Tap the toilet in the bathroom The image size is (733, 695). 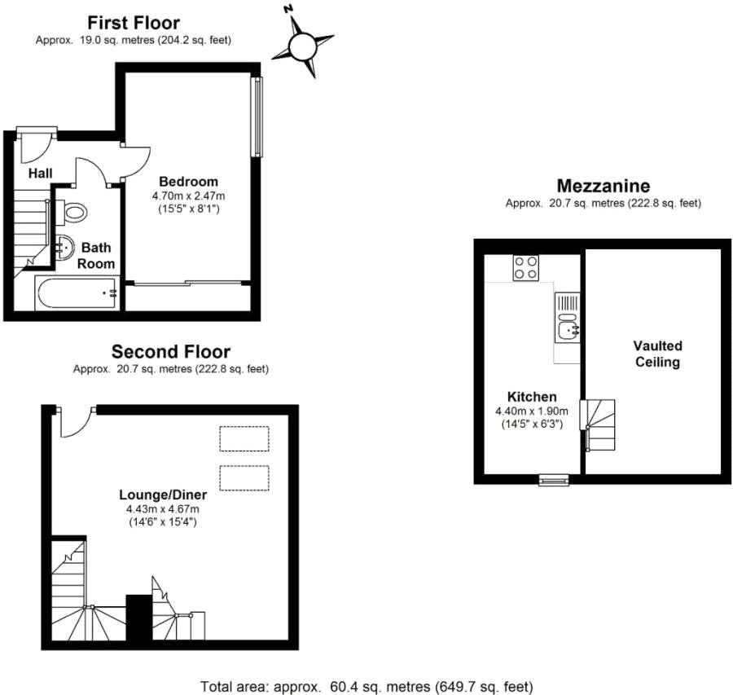point(75,213)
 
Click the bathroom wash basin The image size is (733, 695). point(64,248)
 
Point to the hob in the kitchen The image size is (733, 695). point(526,268)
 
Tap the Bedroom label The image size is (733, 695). point(188,181)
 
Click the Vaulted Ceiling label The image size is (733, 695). point(657,354)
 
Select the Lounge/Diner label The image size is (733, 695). point(163,495)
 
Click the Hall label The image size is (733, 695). point(40,174)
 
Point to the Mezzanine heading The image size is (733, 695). point(603,186)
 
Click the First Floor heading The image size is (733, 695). point(133,22)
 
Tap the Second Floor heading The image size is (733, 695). point(171,352)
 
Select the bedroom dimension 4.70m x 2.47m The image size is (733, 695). point(188,196)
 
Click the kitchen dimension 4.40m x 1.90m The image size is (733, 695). point(533,411)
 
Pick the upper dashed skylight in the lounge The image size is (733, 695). point(244,438)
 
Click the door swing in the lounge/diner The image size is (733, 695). point(74,422)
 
